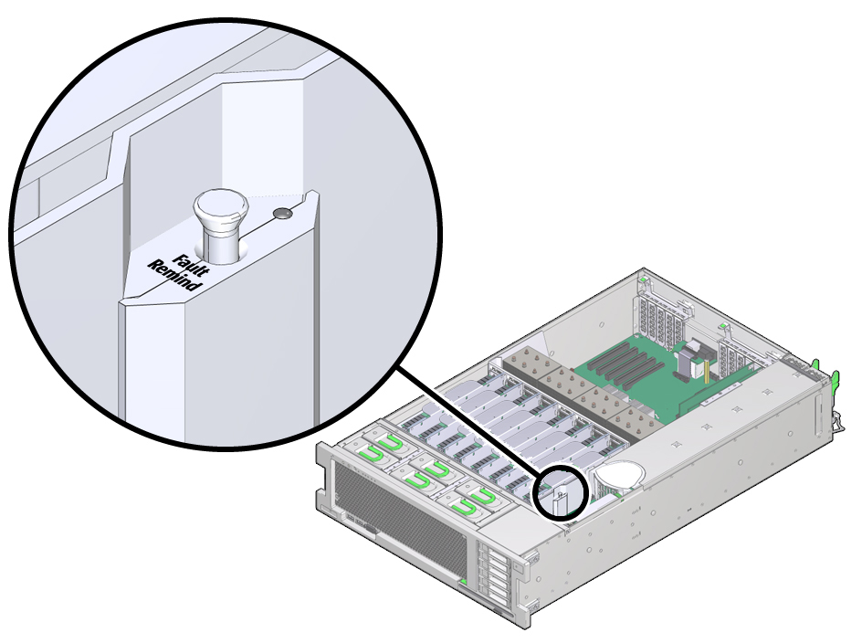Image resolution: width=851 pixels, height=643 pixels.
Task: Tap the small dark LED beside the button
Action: point(283,214)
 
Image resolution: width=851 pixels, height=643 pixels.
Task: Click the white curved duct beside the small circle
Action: point(619,476)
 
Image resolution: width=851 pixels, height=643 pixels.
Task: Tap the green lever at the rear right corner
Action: point(835,380)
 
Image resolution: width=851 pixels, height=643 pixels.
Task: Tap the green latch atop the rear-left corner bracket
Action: point(645,279)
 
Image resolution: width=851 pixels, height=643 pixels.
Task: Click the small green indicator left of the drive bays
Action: point(464,582)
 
